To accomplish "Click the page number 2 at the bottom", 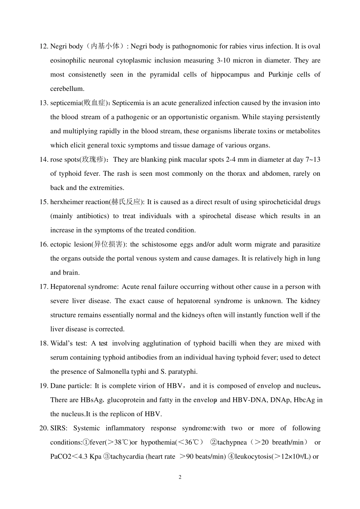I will pyautogui.click(x=180, y=477).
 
